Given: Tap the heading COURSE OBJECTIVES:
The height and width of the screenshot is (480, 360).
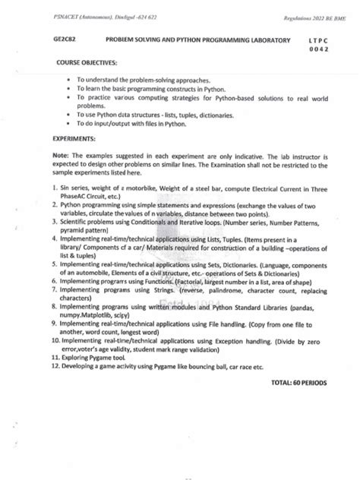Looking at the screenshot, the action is pyautogui.click(x=83, y=65).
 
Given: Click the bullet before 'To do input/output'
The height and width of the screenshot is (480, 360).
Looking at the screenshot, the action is pyautogui.click(x=69, y=122).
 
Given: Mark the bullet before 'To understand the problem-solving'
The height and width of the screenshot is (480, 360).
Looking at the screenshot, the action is pyautogui.click(x=69, y=78).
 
